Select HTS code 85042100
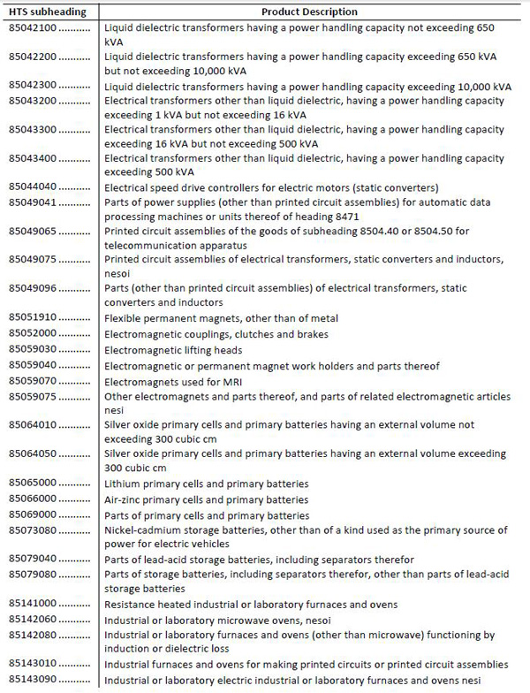pyautogui.click(x=32, y=28)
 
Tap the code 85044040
pyautogui.click(x=32, y=187)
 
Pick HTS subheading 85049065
pyautogui.click(x=32, y=231)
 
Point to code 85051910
pyautogui.click(x=32, y=318)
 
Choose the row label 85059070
pyautogui.click(x=32, y=381)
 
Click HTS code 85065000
pyautogui.click(x=32, y=484)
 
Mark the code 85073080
pyautogui.click(x=32, y=530)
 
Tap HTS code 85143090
pyautogui.click(x=32, y=681)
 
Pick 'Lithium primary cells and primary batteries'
pyautogui.click(x=206, y=484)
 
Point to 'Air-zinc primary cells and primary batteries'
pyautogui.click(x=206, y=499)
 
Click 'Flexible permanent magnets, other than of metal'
pyautogui.click(x=221, y=318)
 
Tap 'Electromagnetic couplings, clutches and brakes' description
pyautogui.click(x=216, y=334)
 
